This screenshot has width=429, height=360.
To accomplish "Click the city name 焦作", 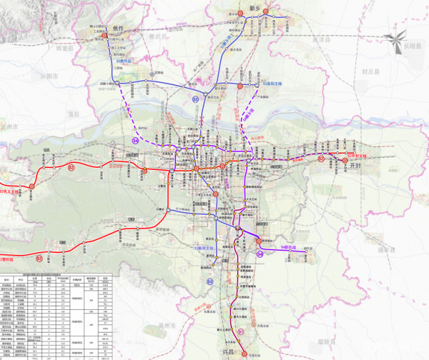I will [120, 29].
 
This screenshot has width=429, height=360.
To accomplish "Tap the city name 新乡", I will [254, 7].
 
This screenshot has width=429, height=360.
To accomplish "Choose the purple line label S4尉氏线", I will [289, 248].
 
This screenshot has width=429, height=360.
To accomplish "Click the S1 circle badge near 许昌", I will [241, 331].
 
